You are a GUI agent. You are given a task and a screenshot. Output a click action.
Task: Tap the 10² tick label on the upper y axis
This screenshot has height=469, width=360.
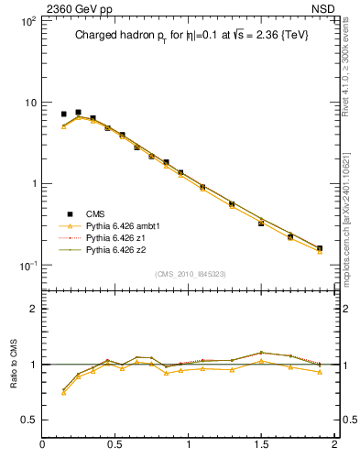tap(27, 20)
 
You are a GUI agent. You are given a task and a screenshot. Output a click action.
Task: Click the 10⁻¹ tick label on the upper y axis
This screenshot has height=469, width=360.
tap(27, 265)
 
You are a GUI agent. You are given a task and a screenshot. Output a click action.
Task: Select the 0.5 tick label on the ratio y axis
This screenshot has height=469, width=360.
tap(28, 419)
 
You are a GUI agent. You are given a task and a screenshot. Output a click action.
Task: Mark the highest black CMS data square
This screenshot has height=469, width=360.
tap(78, 113)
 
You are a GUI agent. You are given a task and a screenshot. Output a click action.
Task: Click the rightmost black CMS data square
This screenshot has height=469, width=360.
tap(320, 248)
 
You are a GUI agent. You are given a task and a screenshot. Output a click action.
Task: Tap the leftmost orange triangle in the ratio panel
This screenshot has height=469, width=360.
tap(63, 392)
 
